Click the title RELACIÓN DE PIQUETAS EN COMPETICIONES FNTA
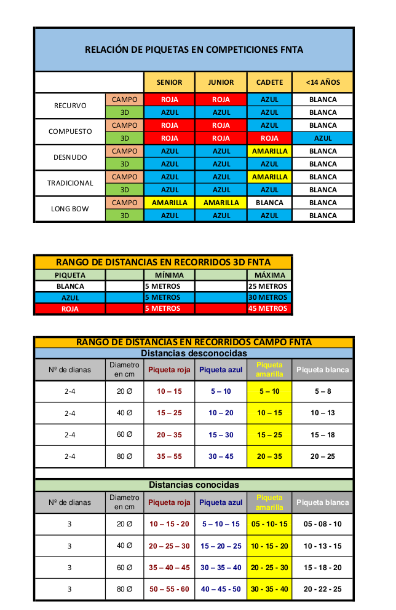194,50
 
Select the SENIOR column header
169,82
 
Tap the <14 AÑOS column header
322,82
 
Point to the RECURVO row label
70,106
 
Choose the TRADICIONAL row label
70,183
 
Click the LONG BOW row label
70,209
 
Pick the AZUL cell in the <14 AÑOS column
322,138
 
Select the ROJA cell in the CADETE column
269,138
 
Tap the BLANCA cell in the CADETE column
269,203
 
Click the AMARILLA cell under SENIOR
169,203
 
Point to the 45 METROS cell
268,309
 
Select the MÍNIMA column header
169,275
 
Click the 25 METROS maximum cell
268,286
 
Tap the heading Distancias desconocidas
194,354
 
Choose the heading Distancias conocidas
194,485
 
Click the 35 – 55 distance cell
169,456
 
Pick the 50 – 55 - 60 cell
169,589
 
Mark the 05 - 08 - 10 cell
322,524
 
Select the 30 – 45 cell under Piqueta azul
221,456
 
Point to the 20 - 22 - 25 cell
322,589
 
